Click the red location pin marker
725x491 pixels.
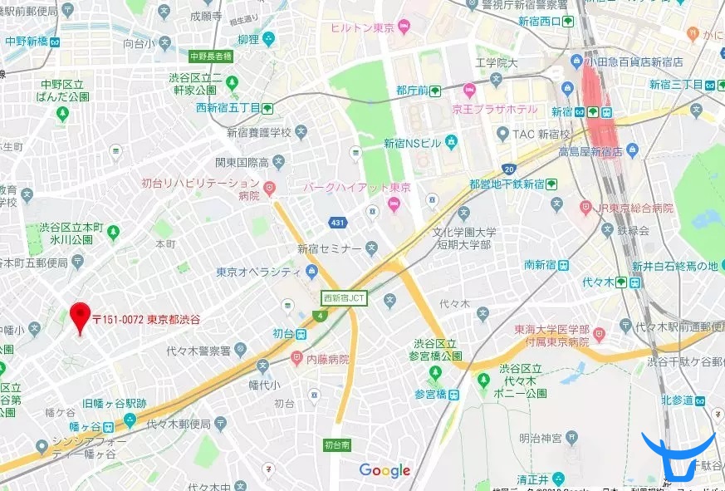[x=80, y=317]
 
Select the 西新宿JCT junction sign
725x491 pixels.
[x=345, y=297]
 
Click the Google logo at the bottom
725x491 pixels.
[x=385, y=471]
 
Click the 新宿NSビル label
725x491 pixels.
[x=413, y=143]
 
